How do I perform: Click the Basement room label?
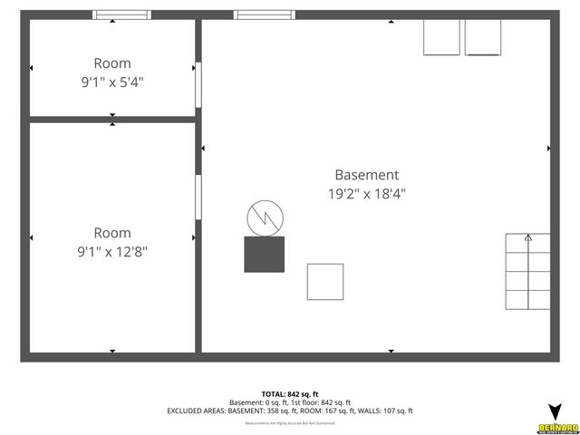(366, 175)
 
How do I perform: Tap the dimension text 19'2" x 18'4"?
(366, 193)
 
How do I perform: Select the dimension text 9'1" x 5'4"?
(111, 82)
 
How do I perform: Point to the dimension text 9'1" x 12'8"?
(111, 251)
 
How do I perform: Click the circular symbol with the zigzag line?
(265, 217)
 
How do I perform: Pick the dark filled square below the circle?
(264, 254)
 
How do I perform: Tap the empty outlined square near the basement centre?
(324, 281)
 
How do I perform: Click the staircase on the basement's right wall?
(527, 272)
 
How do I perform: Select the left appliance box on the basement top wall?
(442, 37)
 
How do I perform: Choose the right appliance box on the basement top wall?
(483, 37)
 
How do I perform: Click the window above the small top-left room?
(122, 15)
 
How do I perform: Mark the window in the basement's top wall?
(264, 15)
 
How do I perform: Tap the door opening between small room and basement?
(198, 84)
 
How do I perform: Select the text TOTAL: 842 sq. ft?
(289, 394)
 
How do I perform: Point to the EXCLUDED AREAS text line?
(289, 411)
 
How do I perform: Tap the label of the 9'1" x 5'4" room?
(111, 63)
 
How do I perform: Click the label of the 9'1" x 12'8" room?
(111, 233)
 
